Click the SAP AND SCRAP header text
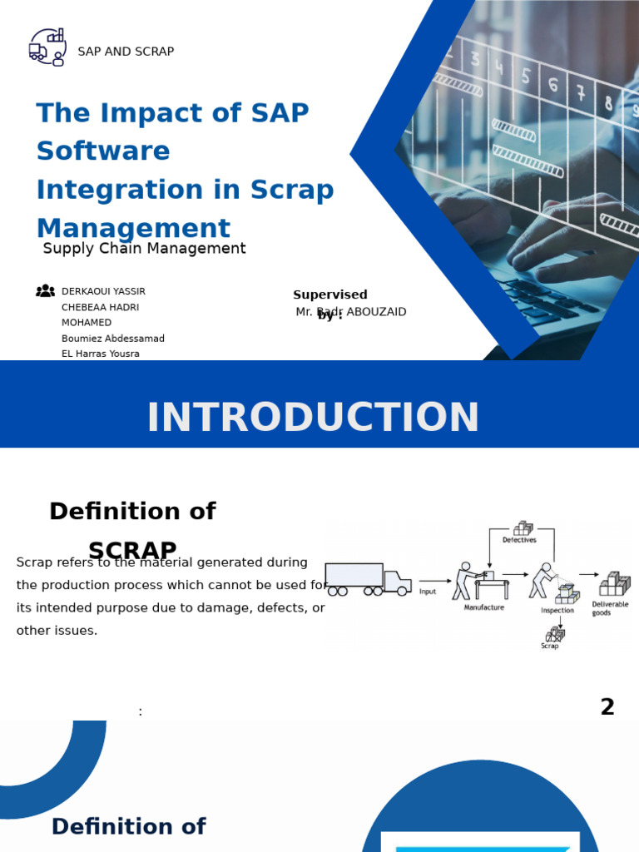[126, 52]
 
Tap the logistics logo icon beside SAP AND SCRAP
[47, 47]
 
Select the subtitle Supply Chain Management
[144, 249]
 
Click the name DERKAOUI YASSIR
[103, 292]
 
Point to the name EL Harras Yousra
[101, 354]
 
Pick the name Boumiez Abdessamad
[113, 339]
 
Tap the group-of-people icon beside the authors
[45, 291]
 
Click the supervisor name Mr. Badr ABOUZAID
[351, 312]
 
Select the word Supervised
[329, 295]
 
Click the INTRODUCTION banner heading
[313, 418]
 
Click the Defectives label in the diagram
[519, 540]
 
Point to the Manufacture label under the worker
[483, 607]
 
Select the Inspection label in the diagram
[557, 611]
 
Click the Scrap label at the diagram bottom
[550, 646]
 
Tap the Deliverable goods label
[610, 608]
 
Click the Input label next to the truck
[428, 592]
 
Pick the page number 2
[607, 707]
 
